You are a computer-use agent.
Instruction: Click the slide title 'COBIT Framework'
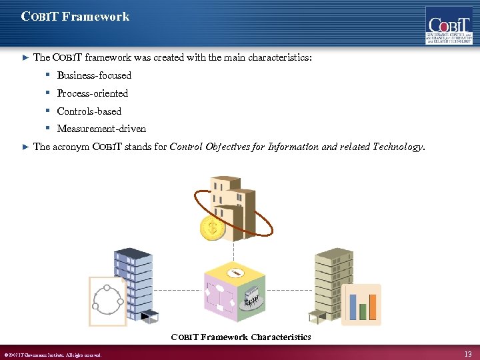(75, 17)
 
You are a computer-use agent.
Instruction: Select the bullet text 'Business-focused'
(94, 75)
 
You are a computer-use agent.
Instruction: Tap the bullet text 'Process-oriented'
(92, 93)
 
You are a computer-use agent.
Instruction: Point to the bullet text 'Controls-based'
(89, 111)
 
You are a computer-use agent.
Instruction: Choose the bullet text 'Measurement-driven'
(101, 129)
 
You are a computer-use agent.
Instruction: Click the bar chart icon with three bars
(361, 305)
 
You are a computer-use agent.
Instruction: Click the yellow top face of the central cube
(235, 273)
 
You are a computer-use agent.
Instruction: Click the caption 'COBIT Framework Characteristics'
(241, 337)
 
